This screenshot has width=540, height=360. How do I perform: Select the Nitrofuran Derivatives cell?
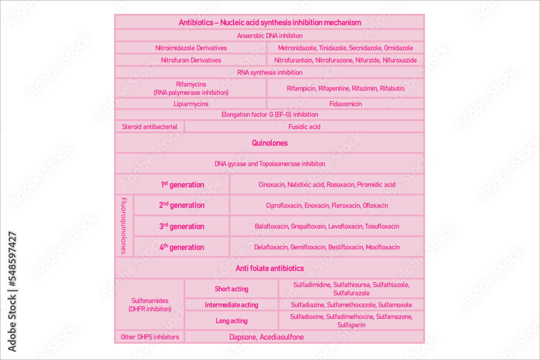(191, 60)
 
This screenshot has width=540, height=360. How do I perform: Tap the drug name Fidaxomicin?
(346, 104)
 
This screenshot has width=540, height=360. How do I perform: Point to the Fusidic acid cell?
(304, 127)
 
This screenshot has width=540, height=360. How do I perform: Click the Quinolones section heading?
(269, 143)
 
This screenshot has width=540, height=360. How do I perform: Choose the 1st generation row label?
(182, 185)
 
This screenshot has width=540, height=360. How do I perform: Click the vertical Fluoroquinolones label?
(124, 226)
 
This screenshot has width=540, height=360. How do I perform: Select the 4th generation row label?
(181, 247)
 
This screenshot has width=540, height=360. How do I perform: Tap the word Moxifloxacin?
(383, 247)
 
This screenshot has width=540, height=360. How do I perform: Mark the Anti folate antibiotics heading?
(269, 268)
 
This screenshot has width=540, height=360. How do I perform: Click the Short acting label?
(231, 289)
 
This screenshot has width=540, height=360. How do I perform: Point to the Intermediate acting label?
(231, 305)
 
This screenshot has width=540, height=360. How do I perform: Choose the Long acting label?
(231, 321)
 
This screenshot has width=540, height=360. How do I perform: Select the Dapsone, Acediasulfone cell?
(266, 337)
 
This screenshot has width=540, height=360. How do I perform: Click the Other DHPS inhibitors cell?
(150, 337)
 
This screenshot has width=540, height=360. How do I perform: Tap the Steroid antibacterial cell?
(150, 127)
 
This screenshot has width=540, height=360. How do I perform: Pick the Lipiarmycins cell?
(191, 104)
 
